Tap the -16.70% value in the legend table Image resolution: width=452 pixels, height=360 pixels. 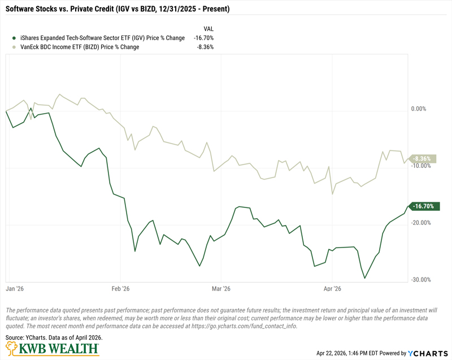click(204, 38)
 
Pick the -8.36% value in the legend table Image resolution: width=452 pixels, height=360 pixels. click(205, 47)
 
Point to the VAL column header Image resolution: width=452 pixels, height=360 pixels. click(208, 29)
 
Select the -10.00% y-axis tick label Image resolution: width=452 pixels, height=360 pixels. click(420, 166)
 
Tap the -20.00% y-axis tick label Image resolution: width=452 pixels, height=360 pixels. click(420, 223)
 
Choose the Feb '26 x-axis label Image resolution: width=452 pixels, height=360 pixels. click(120, 289)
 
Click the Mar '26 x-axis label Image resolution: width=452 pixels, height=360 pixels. click(220, 289)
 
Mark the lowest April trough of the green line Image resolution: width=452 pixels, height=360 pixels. click(365, 278)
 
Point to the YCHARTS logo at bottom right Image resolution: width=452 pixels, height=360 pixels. click(428, 353)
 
